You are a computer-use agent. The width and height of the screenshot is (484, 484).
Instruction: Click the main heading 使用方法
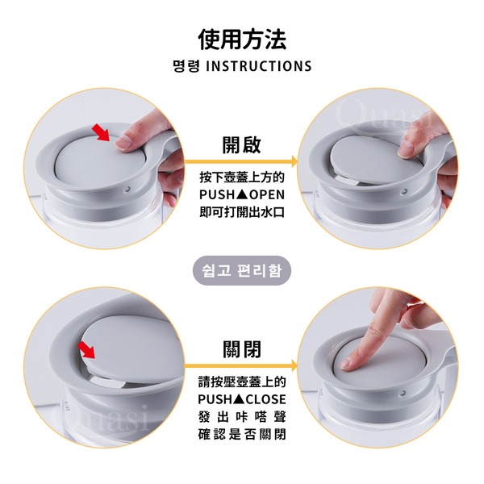(x=242, y=40)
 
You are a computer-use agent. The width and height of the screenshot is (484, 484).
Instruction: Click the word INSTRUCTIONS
(x=259, y=66)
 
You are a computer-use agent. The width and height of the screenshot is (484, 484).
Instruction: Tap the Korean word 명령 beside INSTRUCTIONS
(x=186, y=66)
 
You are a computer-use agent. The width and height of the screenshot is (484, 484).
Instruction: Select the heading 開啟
(x=242, y=144)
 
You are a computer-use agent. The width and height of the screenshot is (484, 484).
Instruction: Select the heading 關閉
(x=242, y=348)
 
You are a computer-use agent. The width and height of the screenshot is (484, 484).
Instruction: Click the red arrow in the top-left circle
(x=102, y=132)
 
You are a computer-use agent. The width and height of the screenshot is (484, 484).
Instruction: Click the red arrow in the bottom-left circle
(x=86, y=350)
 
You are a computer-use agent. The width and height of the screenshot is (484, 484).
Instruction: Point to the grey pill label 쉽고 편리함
(x=242, y=270)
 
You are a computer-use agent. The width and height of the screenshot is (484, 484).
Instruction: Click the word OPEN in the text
(x=267, y=194)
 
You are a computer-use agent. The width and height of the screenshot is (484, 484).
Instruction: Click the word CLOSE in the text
(x=266, y=399)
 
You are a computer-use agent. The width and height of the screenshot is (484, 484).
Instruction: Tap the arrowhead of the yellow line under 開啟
(x=294, y=161)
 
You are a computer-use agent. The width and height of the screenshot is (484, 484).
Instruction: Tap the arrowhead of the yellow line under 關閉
(x=294, y=366)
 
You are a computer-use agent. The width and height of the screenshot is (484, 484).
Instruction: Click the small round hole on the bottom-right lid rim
(x=403, y=393)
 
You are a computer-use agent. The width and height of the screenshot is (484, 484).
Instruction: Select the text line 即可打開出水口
(x=242, y=212)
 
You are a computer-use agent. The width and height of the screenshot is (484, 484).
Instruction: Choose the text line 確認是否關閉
(x=242, y=434)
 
